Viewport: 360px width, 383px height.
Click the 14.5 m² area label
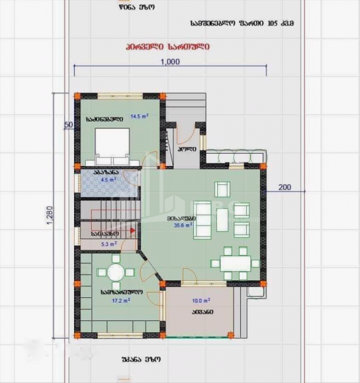click(x=139, y=116)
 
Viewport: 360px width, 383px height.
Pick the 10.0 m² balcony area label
click(x=202, y=300)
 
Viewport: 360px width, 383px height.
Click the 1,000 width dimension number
click(x=170, y=61)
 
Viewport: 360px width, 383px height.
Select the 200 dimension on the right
click(x=285, y=187)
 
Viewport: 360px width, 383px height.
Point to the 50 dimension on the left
click(x=68, y=125)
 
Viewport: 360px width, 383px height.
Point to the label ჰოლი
click(x=186, y=149)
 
